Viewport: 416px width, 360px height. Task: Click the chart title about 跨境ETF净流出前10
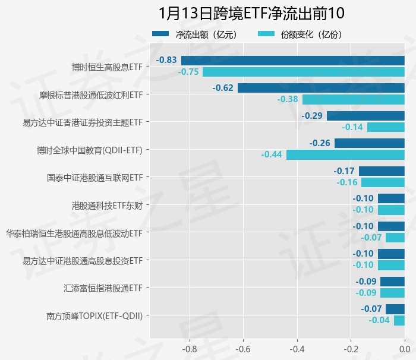point(251,13)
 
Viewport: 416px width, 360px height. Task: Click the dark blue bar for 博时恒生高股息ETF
point(292,60)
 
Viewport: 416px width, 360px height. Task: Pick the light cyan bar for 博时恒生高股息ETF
point(303,72)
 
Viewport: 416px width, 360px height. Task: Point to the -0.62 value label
point(223,88)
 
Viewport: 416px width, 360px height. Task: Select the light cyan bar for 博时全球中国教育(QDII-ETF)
point(345,154)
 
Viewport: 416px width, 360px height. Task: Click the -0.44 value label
point(272,154)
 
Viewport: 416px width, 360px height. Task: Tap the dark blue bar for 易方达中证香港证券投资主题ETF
point(365,115)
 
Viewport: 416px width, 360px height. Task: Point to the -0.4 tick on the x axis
point(297,348)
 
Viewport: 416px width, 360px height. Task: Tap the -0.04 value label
point(379,321)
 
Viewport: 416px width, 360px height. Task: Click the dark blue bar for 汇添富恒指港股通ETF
point(392,282)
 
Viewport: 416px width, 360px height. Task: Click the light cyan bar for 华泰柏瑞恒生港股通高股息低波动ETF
point(395,238)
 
